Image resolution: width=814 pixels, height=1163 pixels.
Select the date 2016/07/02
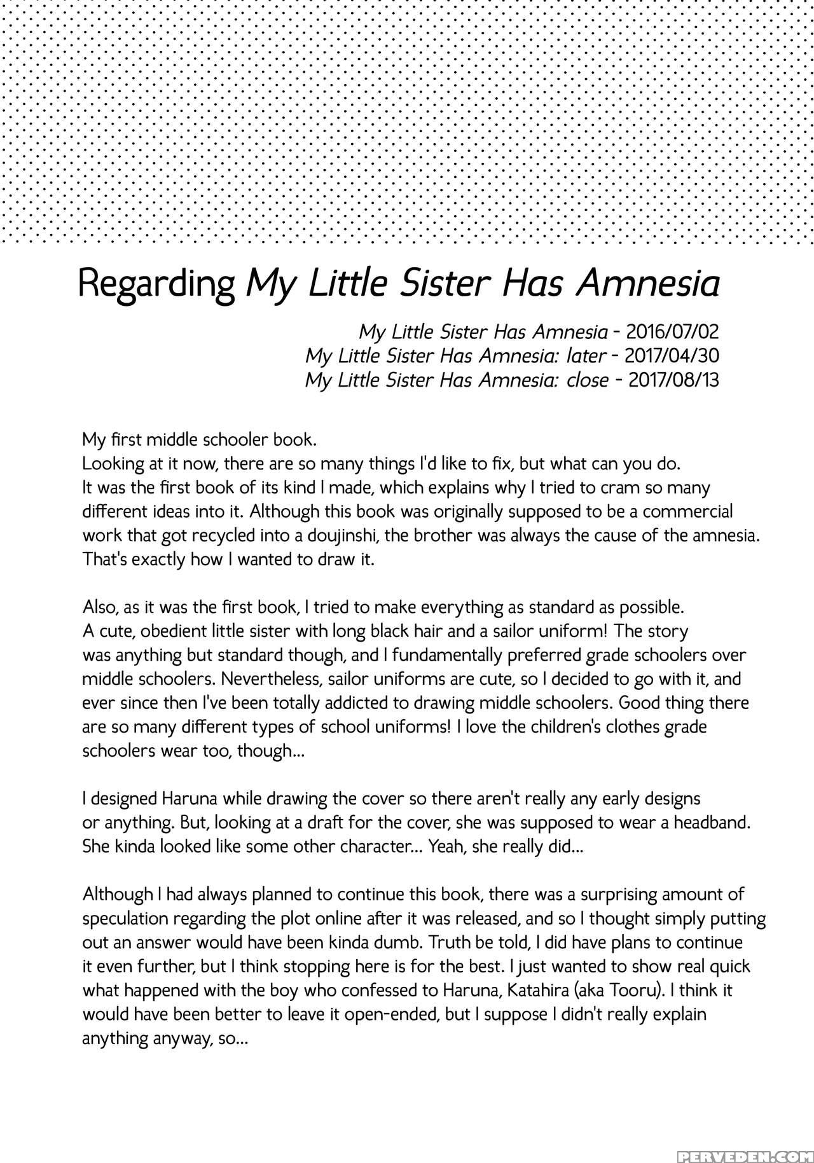[x=672, y=331]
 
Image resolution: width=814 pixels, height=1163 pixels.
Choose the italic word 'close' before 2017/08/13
[x=587, y=380]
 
